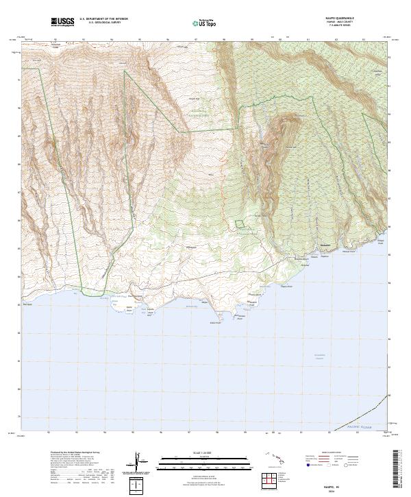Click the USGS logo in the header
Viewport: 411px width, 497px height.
pyautogui.click(x=61, y=23)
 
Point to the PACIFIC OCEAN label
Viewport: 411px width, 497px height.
pyautogui.click(x=358, y=426)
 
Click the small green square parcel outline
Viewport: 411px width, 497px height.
pyautogui.click(x=239, y=224)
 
